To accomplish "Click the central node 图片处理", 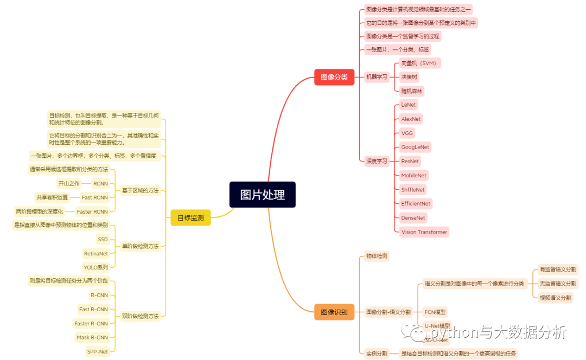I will click(x=262, y=195).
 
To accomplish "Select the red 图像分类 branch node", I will click(x=334, y=77).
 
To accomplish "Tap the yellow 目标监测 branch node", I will click(x=190, y=218).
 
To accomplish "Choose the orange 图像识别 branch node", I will click(x=334, y=312).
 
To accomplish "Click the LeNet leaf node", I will click(x=409, y=105).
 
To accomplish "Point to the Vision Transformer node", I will click(x=424, y=232).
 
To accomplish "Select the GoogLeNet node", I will click(x=415, y=147).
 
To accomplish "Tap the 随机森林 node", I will click(x=412, y=91).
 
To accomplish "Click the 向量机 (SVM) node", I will click(x=419, y=63).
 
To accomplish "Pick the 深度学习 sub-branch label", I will click(x=377, y=161).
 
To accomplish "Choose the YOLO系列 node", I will click(x=96, y=267).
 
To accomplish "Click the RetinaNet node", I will click(x=96, y=253).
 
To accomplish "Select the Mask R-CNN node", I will click(x=92, y=337).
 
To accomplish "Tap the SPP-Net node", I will click(x=98, y=351).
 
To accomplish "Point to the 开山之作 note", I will click(x=69, y=183).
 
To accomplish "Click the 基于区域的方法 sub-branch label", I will click(x=140, y=190).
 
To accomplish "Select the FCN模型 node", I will click(x=435, y=312).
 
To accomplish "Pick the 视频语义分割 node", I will click(x=555, y=297).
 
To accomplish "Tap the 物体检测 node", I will click(x=377, y=255).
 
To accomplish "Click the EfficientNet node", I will click(x=416, y=204).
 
